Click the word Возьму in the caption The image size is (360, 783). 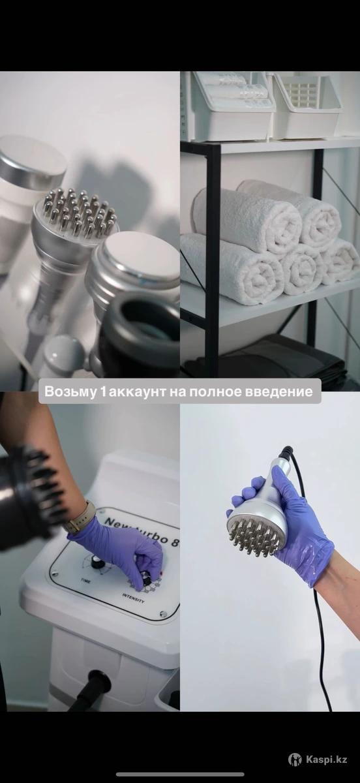pos(70,391)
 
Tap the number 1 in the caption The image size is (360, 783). pos(102,391)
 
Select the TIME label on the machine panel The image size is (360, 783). pos(85,581)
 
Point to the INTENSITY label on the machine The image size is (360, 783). pos(133,598)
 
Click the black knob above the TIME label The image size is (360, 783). pos(95,562)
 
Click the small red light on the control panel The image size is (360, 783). pos(162,574)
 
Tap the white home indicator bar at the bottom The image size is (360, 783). pos(180,775)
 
